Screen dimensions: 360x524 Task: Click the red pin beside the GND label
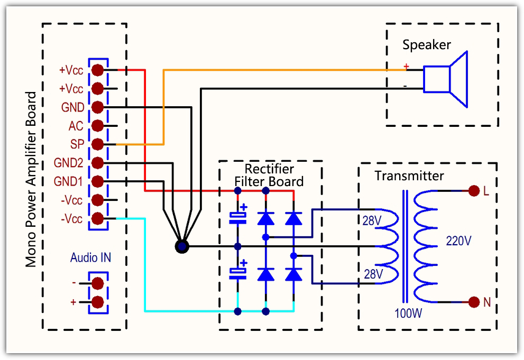point(97,107)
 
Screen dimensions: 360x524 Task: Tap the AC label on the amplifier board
point(76,126)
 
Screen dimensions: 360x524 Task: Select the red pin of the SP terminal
point(97,144)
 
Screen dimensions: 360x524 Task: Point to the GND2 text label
point(68,162)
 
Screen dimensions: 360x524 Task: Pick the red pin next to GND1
point(97,181)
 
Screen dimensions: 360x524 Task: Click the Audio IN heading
point(90,259)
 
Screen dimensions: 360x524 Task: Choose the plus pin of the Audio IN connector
point(97,302)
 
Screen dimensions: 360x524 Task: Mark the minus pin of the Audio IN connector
point(97,283)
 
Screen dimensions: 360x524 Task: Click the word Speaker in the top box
point(427,45)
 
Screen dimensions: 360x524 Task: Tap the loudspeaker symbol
point(446,79)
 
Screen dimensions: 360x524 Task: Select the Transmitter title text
point(409,176)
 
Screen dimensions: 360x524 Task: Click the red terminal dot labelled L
point(473,191)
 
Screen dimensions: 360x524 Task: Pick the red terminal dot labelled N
point(473,302)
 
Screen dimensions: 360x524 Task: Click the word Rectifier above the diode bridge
point(269,169)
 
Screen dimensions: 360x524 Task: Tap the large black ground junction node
point(181,246)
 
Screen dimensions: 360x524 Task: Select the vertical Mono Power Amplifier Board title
point(31,179)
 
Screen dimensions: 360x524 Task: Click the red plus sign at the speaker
point(406,67)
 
